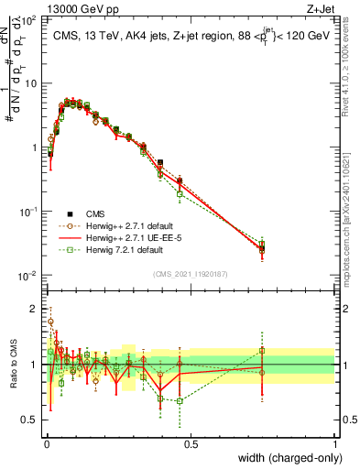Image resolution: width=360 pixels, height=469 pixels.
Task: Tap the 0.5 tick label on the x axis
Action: tap(191, 442)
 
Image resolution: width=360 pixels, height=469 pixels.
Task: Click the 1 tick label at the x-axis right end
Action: tap(334, 442)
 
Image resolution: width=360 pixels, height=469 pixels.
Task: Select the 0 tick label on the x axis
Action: tap(47, 442)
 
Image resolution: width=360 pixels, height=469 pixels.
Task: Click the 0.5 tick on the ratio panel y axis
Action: tap(31, 420)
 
